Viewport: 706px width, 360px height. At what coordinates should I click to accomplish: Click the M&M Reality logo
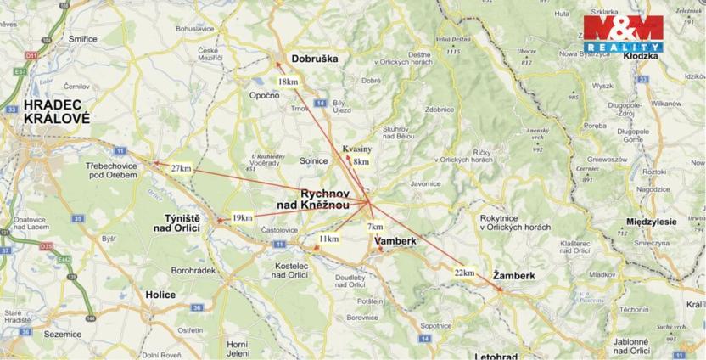coord(622,33)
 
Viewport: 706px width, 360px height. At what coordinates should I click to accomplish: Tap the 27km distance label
coord(181,168)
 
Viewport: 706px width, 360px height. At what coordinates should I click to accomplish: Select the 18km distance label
coord(289,81)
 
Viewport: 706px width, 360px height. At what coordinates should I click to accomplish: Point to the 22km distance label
coord(464,273)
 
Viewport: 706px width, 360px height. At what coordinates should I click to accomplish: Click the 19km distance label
coord(242,218)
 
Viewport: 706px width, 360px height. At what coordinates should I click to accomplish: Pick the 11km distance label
coord(329,239)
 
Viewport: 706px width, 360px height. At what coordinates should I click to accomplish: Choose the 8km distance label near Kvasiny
coord(361,161)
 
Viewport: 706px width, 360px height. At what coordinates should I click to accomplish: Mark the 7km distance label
coord(375,227)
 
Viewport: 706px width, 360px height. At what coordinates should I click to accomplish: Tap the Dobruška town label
coord(314,59)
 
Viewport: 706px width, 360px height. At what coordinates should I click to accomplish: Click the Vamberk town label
coord(395,241)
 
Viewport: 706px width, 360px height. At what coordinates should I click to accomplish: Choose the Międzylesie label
coord(650,221)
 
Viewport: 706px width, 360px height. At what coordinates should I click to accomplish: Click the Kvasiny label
coord(357,149)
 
